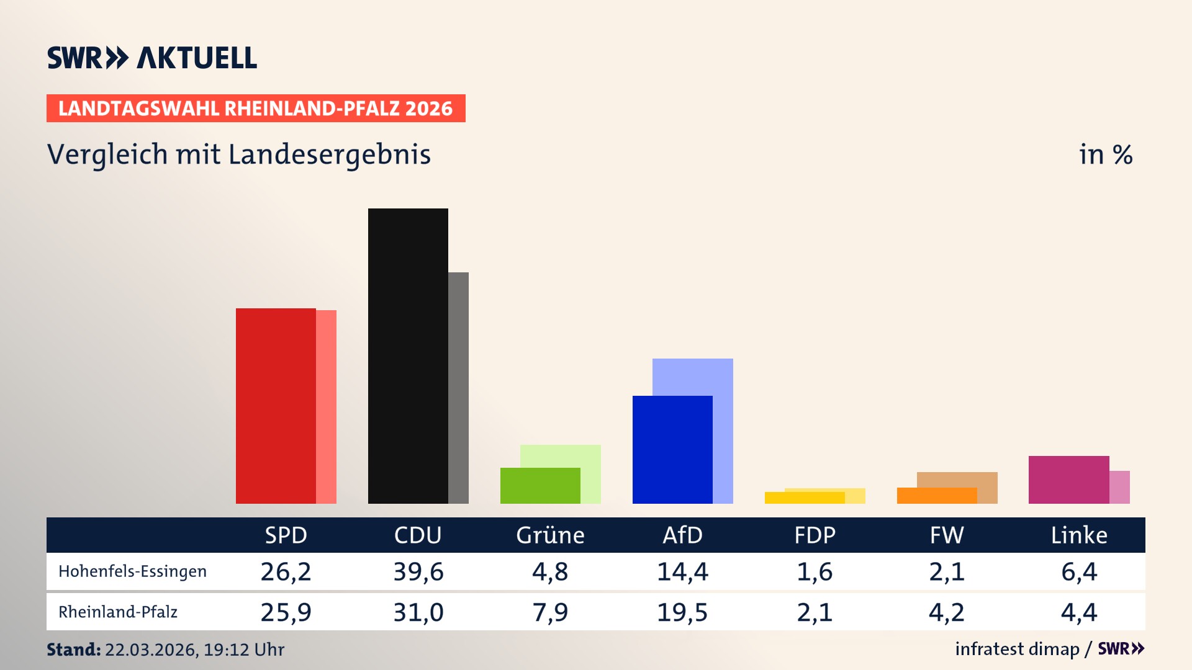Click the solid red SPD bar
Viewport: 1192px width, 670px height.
(276, 406)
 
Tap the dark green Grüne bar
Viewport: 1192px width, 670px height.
(540, 486)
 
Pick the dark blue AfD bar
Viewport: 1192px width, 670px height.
(672, 450)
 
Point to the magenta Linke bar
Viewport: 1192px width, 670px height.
(1068, 480)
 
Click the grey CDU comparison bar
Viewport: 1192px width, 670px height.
(459, 388)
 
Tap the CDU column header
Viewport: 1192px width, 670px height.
(418, 535)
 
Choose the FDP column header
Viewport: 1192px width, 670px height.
(815, 535)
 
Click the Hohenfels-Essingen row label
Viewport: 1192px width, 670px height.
(132, 571)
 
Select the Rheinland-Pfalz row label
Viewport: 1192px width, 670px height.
(118, 612)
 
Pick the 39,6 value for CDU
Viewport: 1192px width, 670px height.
(418, 571)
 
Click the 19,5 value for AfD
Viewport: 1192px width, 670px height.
(682, 612)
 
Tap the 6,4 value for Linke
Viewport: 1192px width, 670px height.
(1079, 571)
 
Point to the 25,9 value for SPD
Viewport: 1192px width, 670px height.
(286, 612)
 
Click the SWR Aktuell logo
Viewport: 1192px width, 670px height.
(152, 58)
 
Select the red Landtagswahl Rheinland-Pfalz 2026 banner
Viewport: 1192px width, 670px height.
(256, 109)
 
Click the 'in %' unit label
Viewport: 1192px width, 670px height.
(1105, 154)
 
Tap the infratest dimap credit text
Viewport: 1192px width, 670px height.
(1017, 649)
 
